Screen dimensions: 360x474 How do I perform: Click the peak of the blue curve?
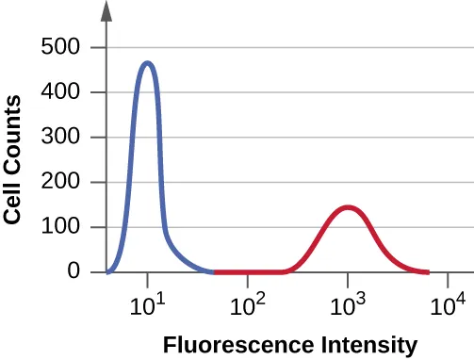(x=147, y=63)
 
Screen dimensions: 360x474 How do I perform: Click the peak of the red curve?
(x=348, y=207)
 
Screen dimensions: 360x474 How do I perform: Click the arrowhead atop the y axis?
(x=106, y=11)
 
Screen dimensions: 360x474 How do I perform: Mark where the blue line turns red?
(x=214, y=271)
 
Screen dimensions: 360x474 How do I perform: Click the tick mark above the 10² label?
(x=248, y=279)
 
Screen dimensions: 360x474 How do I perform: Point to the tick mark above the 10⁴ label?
(x=448, y=279)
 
